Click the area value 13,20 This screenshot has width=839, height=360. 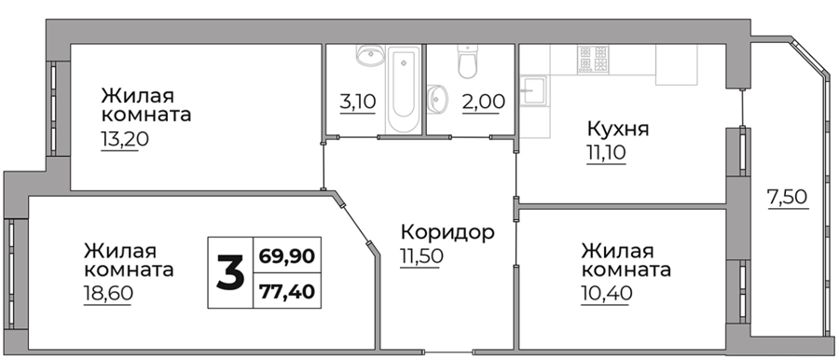click(124, 139)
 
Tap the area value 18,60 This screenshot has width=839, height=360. click(108, 294)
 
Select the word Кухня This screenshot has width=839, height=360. click(618, 130)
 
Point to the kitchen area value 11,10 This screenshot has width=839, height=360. click(606, 154)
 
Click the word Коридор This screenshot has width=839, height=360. click(447, 232)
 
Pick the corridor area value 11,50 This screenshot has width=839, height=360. click(421, 256)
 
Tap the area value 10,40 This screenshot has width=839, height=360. click(607, 294)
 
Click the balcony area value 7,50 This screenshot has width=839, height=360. click(787, 198)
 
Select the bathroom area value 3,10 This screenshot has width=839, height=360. click(358, 102)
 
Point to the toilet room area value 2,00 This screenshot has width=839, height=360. click(483, 102)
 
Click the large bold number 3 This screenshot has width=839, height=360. click(230, 272)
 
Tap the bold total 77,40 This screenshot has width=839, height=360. click(287, 292)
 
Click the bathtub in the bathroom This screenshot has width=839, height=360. click(404, 89)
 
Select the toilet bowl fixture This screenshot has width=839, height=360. click(468, 61)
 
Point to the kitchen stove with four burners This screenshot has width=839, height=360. click(593, 59)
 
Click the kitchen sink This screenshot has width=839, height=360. click(534, 90)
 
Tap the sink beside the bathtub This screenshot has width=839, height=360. click(370, 55)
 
